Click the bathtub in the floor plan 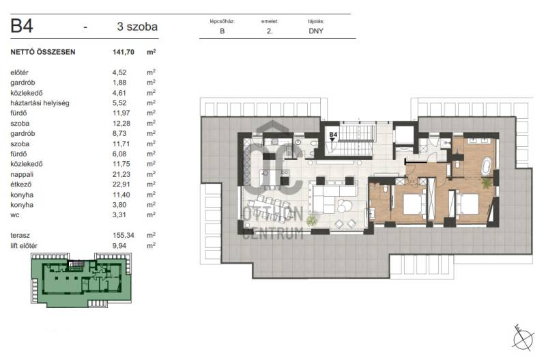486,166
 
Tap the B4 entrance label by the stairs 333,135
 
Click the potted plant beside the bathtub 487,183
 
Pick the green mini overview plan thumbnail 81,280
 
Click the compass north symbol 523,337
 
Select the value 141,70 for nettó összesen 124,53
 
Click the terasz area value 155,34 124,236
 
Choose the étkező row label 20,184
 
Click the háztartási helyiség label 40,103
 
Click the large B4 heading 22,26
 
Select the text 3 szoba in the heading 137,27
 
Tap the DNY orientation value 316,31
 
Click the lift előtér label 24,246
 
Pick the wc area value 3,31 119,215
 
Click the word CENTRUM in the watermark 272,233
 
